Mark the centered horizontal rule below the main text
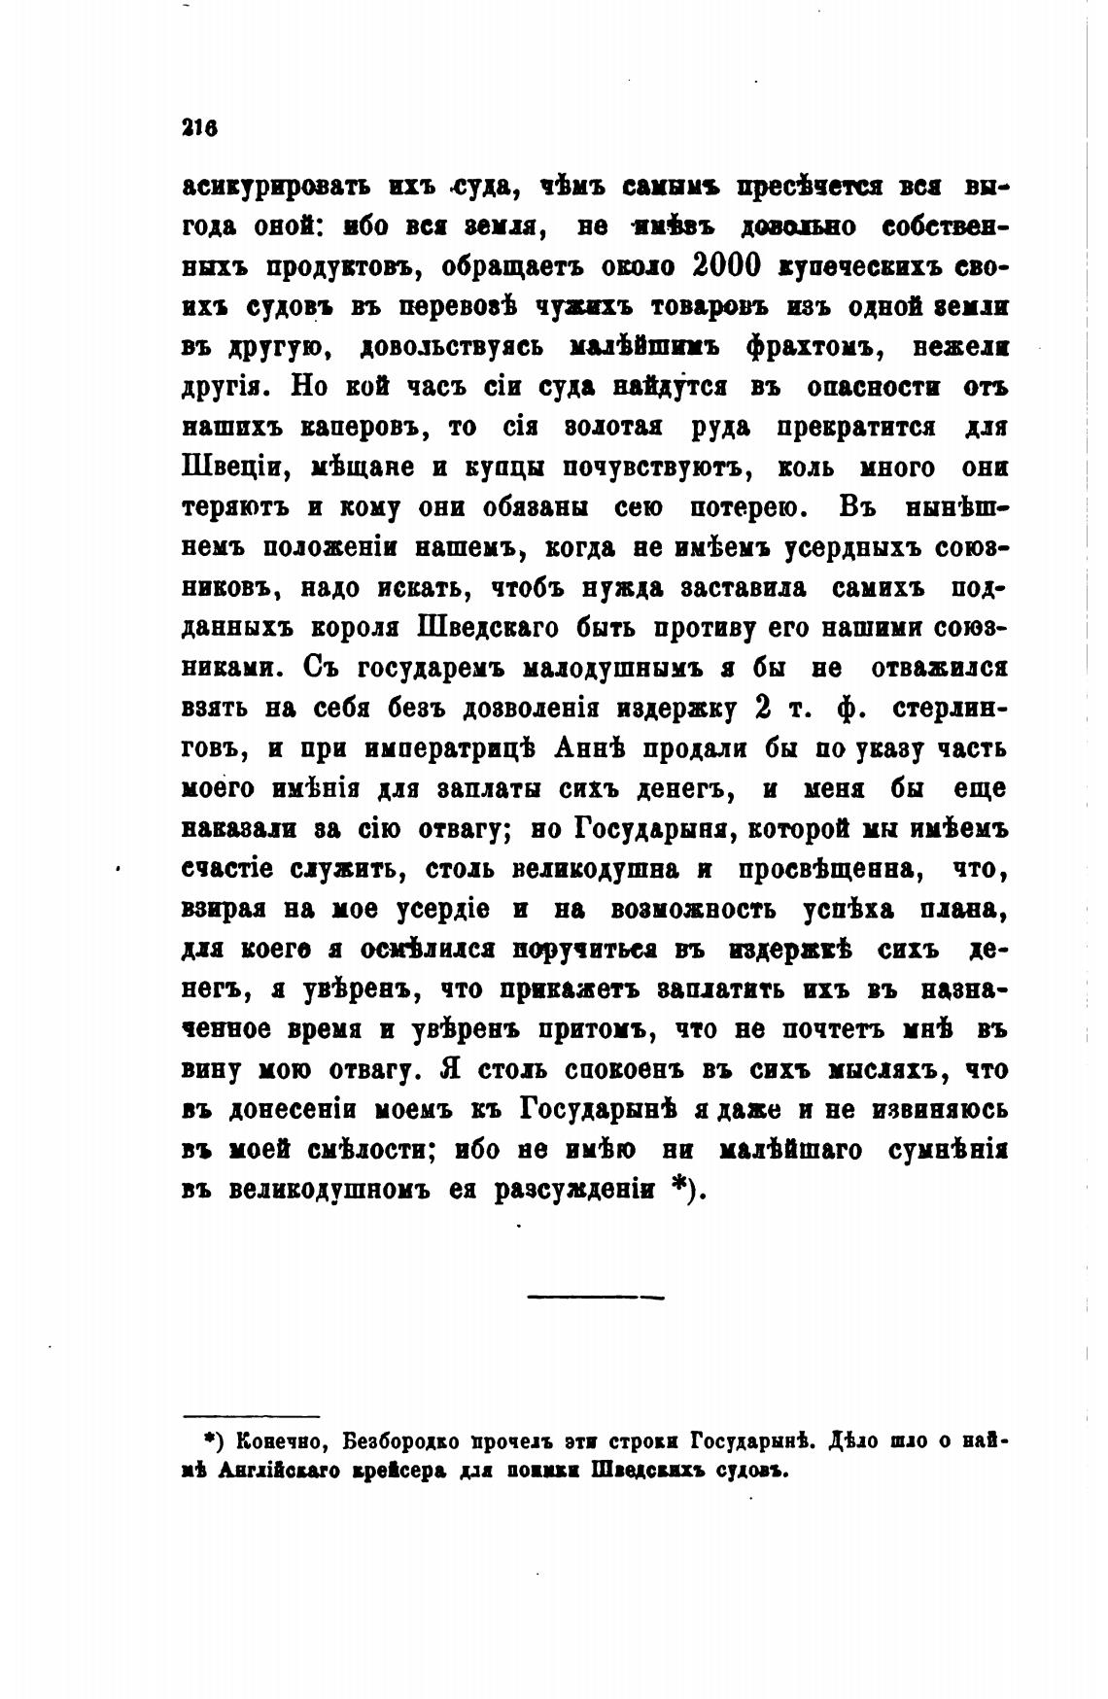tap(595, 1296)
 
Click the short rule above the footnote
tap(252, 1416)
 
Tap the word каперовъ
tap(354, 427)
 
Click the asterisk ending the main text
tap(681, 1192)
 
